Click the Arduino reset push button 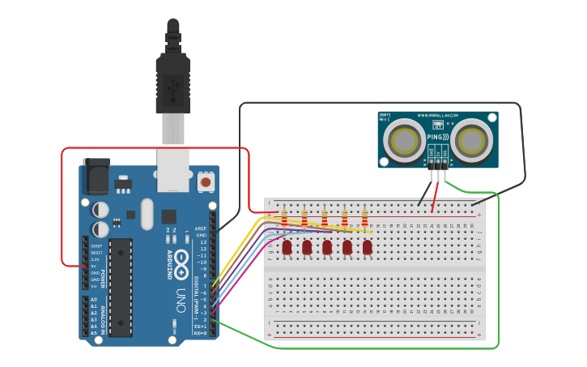[x=206, y=182]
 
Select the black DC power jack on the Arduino [x=95, y=174]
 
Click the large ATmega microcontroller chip [x=121, y=287]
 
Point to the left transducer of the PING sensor [x=402, y=140]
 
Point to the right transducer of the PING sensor [x=470, y=140]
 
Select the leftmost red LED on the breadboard [x=287, y=246]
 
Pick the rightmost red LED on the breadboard [x=367, y=246]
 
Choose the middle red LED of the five [x=327, y=246]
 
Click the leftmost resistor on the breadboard [x=284, y=218]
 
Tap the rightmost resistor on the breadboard [x=364, y=218]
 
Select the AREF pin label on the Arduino [x=201, y=228]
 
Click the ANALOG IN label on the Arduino [x=103, y=316]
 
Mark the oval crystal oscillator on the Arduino [x=146, y=214]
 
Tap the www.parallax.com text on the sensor [x=438, y=115]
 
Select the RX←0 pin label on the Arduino [x=200, y=332]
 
